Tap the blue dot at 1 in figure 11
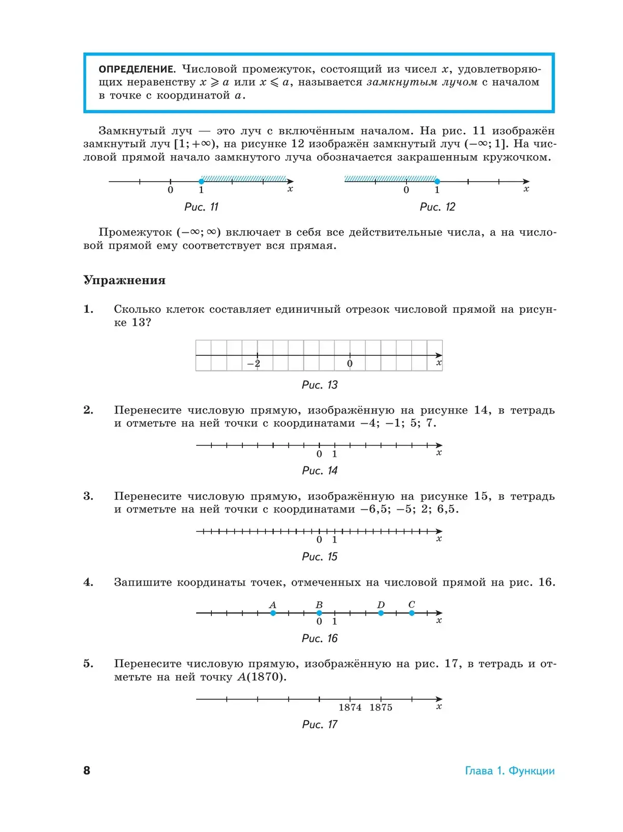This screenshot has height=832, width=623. coord(201,182)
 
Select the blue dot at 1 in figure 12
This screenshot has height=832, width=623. coord(437,182)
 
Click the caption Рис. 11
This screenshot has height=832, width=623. coord(201,207)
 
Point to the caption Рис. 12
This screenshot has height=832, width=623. coord(437,207)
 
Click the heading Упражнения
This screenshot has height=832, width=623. coord(125,280)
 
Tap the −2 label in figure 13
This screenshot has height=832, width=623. coord(254,364)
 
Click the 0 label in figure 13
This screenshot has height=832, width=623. coord(350,364)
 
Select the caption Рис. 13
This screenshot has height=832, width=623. coord(320,385)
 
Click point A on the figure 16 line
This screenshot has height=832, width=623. coord(273,613)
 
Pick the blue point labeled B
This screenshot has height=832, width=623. coord(319,613)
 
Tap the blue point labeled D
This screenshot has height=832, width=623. coord(381,613)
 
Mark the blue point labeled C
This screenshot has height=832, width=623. coord(412,613)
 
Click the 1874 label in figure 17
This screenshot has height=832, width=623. coord(350,708)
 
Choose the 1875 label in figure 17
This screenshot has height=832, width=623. coord(381,708)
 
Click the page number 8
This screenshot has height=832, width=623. coord(87,770)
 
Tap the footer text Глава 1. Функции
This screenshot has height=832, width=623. coord(510,771)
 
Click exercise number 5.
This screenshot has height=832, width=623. coord(88,664)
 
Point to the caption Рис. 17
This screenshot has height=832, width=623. coord(320,725)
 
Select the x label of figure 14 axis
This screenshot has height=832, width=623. coord(439,453)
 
